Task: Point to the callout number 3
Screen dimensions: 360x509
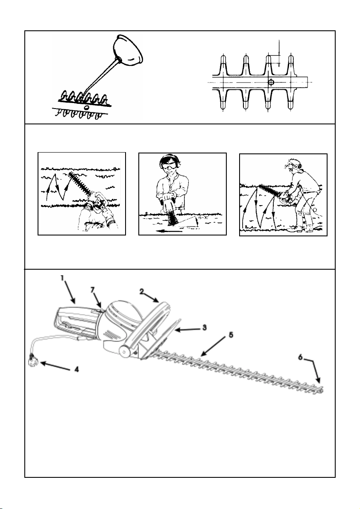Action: click(205, 328)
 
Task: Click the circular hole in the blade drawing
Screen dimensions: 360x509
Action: click(271, 82)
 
